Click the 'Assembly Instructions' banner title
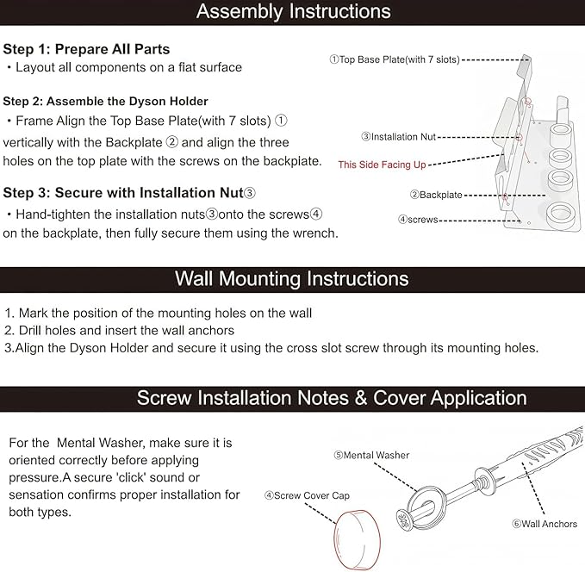coord(293,11)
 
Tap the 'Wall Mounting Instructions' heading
coord(292,279)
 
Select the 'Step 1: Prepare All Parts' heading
coord(86,49)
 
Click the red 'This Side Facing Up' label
coord(382,165)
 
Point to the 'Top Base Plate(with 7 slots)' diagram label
coord(395,59)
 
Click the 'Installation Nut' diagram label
coord(398,137)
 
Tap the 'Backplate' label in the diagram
coord(436,195)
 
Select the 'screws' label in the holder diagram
coord(418,220)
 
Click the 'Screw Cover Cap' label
coord(307,495)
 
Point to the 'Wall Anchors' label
coord(545,524)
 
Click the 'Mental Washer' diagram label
coord(371,455)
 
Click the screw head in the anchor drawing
coord(404,519)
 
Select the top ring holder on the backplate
coord(560,132)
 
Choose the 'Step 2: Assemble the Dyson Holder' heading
coord(105,101)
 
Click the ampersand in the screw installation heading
coord(361,398)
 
